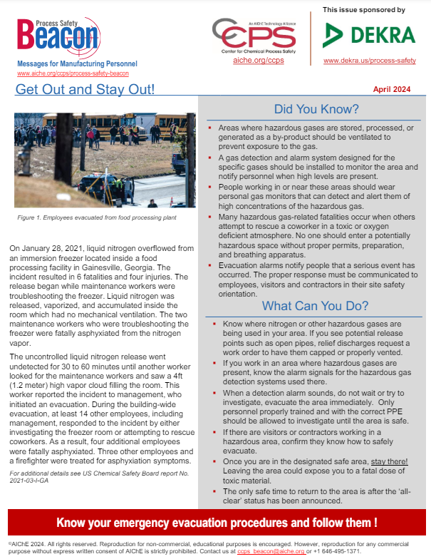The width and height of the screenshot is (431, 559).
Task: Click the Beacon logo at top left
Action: coord(57,36)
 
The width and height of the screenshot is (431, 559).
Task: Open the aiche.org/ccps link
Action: coord(254,61)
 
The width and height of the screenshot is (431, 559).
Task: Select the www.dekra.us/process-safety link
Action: coord(369,61)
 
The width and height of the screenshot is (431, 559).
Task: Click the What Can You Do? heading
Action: coord(315,307)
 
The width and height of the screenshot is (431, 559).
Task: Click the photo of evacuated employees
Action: coord(105,160)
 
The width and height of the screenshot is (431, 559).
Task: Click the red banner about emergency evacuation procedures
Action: coord(216,523)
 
